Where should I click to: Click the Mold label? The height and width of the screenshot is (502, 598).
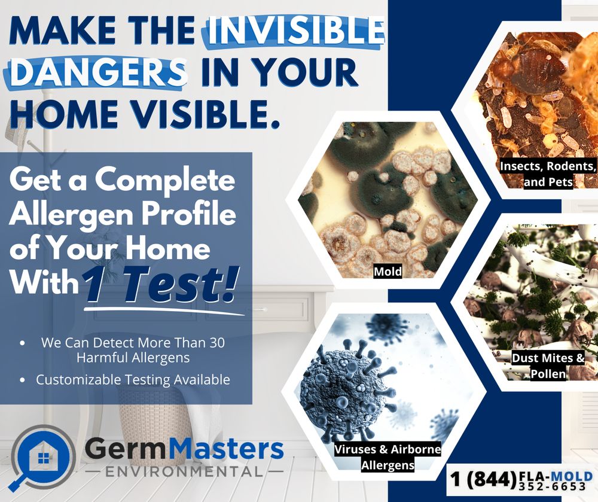pyautogui.click(x=388, y=272)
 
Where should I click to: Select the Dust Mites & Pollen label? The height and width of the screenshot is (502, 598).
pyautogui.click(x=548, y=366)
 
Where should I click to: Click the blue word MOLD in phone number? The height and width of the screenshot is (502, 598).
pyautogui.click(x=571, y=476)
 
